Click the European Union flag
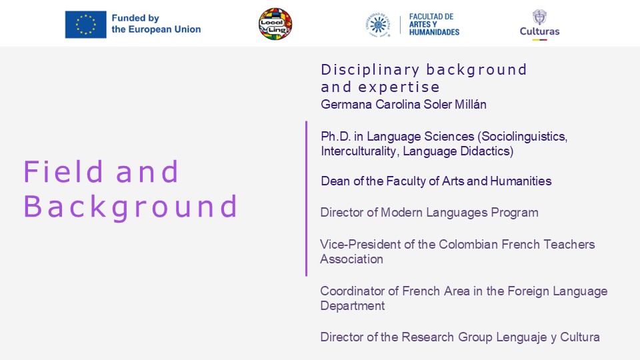coord(86,25)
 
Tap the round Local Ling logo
coord(275,24)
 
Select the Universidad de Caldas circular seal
coord(378,25)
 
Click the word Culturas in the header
coord(539,31)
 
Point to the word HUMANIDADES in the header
coord(434,32)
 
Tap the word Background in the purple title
coord(131,207)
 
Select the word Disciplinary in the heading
coord(370,70)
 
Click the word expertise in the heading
coord(399,87)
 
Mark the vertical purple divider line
coord(306,199)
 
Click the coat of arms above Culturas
coord(539,17)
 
